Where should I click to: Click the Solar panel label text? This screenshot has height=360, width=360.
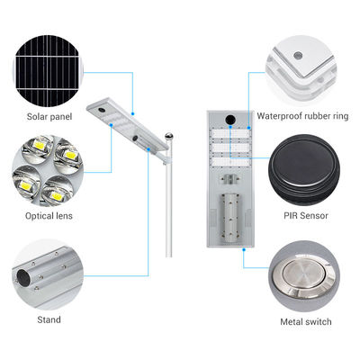49,117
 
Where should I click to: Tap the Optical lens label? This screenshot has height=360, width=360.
49,216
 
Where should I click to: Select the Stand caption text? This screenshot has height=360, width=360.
49,319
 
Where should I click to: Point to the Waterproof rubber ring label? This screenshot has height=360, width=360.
302,116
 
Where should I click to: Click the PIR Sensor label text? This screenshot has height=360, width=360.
306,215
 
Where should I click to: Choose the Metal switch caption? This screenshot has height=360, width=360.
306,322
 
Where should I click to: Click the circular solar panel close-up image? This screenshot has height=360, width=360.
48,71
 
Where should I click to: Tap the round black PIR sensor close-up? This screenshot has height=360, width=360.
304,170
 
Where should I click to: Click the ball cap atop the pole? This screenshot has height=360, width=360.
169,137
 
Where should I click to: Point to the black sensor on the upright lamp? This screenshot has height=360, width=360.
230,119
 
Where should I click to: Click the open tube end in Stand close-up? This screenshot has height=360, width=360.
22,276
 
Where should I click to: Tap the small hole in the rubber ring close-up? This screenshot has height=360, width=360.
298,56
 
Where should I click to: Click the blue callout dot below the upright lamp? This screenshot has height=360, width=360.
244,249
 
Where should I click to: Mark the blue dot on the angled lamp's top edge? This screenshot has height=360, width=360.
132,113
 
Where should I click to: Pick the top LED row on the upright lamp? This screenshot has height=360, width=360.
230,134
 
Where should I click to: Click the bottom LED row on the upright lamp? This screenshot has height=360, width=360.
230,162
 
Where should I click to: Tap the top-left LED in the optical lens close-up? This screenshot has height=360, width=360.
39,146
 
